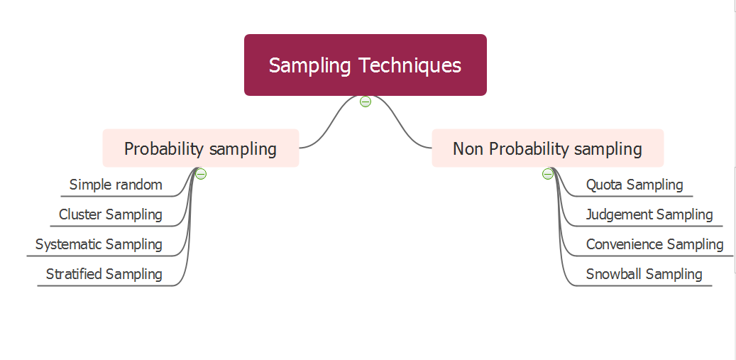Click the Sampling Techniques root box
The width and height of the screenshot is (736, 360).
point(365,65)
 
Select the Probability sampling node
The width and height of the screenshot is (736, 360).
point(200,148)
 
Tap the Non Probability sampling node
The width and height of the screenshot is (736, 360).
point(547,148)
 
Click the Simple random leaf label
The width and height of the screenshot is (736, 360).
point(116,185)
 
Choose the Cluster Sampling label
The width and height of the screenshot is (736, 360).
point(110,214)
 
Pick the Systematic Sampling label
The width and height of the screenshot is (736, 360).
point(99,244)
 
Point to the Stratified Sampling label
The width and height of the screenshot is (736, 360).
point(104,274)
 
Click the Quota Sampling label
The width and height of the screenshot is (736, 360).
point(635,185)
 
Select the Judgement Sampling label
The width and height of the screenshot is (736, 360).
point(649,214)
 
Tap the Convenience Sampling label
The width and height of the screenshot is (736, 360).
point(654,244)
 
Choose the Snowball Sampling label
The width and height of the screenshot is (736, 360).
point(644,274)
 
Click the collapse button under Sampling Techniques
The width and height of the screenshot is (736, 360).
point(366,102)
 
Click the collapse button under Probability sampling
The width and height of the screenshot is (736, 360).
point(201,174)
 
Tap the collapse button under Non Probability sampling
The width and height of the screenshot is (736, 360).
point(548,174)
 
